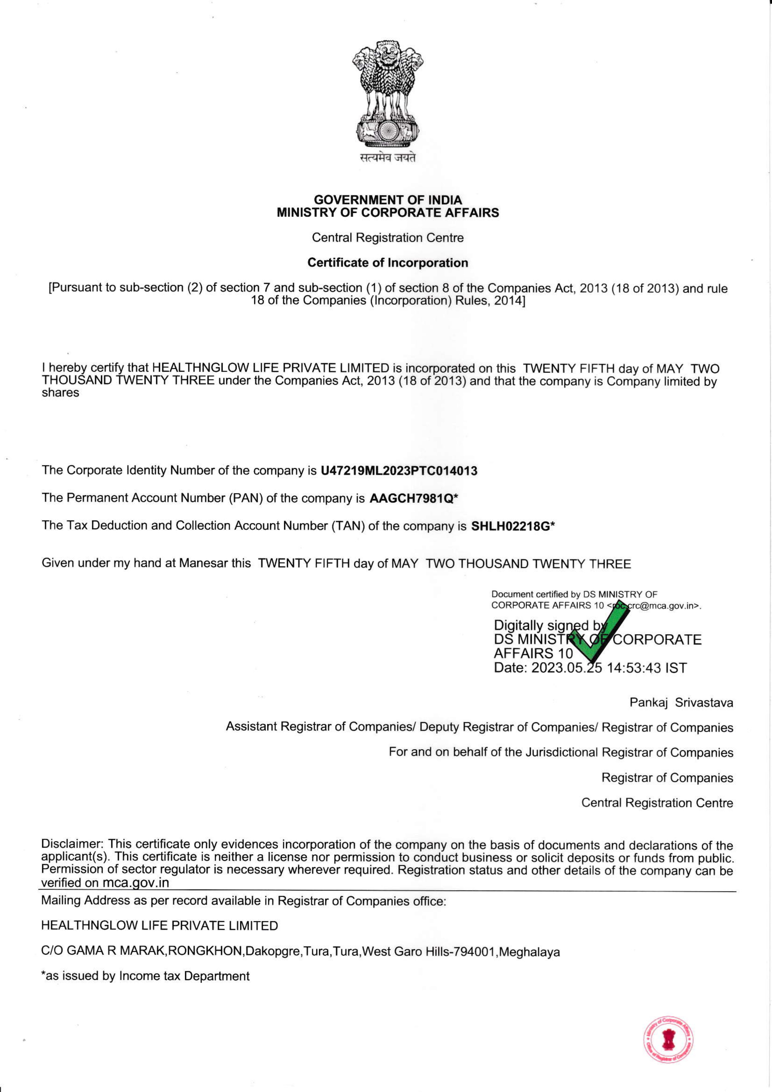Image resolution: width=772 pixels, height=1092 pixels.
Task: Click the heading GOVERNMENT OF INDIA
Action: [x=388, y=200]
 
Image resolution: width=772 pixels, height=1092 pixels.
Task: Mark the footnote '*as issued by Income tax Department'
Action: [x=145, y=976]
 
